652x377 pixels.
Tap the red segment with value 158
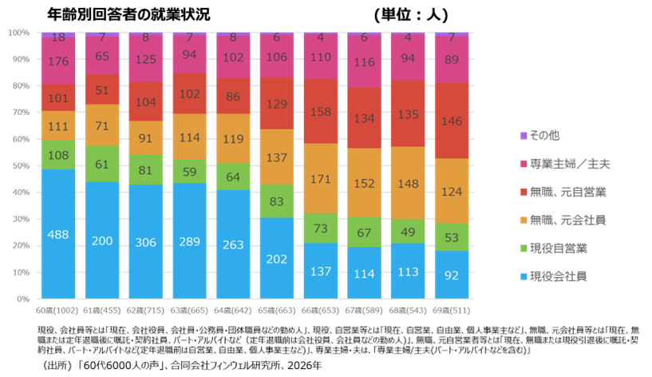pyautogui.click(x=321, y=111)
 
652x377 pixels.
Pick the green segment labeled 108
pyautogui.click(x=58, y=155)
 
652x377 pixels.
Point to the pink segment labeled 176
pyautogui.click(x=58, y=61)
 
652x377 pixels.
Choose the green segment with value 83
pyautogui.click(x=277, y=201)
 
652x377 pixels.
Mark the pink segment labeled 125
pyautogui.click(x=146, y=60)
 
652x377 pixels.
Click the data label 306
pyautogui.click(x=146, y=242)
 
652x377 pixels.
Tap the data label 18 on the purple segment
pyautogui.click(x=58, y=38)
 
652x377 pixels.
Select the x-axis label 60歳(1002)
pyautogui.click(x=58, y=309)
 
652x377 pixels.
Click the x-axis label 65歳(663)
pyautogui.click(x=277, y=309)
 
